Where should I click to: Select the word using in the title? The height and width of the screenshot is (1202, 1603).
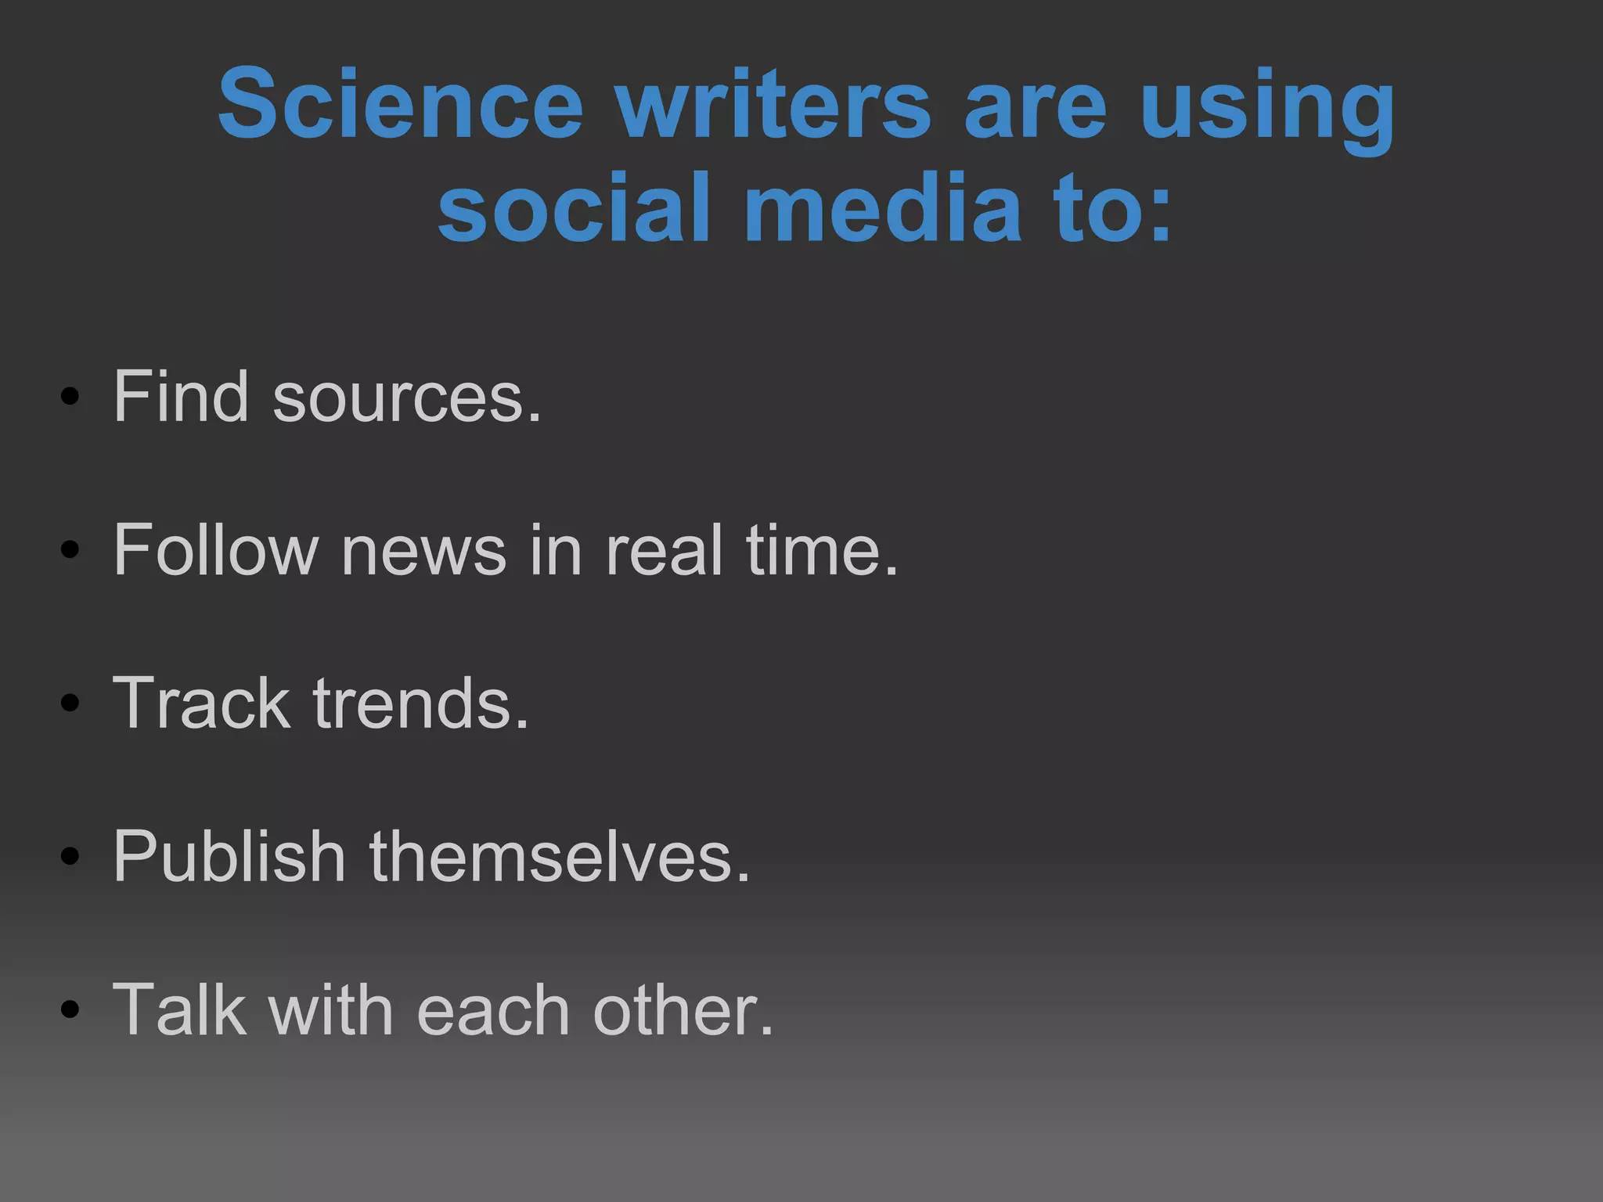coord(1267,110)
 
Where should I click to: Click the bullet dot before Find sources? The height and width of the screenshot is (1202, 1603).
coord(70,398)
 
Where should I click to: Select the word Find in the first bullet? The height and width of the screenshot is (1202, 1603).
coord(181,396)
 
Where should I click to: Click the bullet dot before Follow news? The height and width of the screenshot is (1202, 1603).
coord(70,550)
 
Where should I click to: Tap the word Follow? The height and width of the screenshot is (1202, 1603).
coord(215,549)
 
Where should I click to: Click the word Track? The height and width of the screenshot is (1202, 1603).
coord(201,703)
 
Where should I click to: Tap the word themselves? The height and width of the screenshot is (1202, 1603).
coord(559,856)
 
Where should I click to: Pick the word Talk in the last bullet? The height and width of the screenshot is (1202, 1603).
coord(178,1009)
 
